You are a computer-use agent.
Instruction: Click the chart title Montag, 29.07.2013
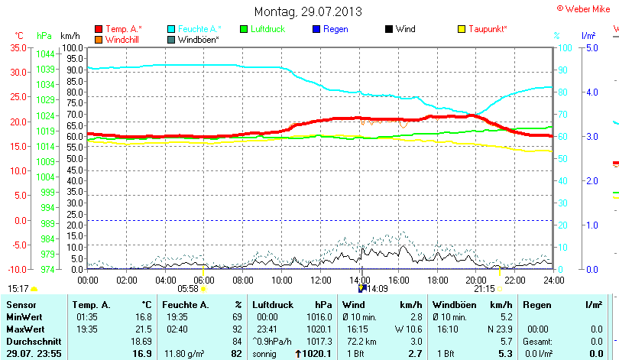tap(308, 11)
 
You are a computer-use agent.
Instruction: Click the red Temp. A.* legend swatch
tap(99, 29)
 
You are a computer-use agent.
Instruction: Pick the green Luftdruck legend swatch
tap(244, 29)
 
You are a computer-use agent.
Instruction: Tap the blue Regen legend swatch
tap(316, 29)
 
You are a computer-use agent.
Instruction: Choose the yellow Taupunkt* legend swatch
tap(462, 29)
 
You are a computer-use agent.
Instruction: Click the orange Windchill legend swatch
tap(99, 39)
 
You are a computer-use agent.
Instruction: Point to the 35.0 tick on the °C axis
tap(18, 47)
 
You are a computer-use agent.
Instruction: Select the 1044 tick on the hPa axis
tap(45, 54)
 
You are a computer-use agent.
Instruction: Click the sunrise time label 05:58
tap(187, 289)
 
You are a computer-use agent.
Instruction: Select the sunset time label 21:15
tap(485, 289)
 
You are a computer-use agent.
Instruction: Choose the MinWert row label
tap(23, 316)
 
